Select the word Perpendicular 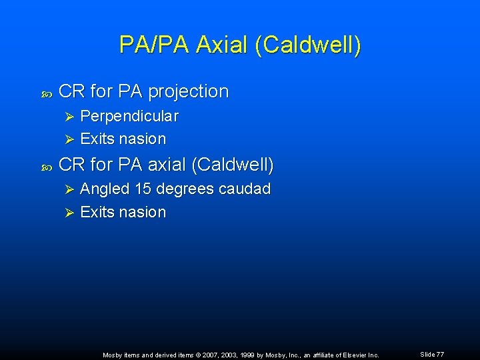point(129,116)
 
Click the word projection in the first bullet point(190,91)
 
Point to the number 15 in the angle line point(143,189)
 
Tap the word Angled point(105,189)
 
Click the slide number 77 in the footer point(440,355)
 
